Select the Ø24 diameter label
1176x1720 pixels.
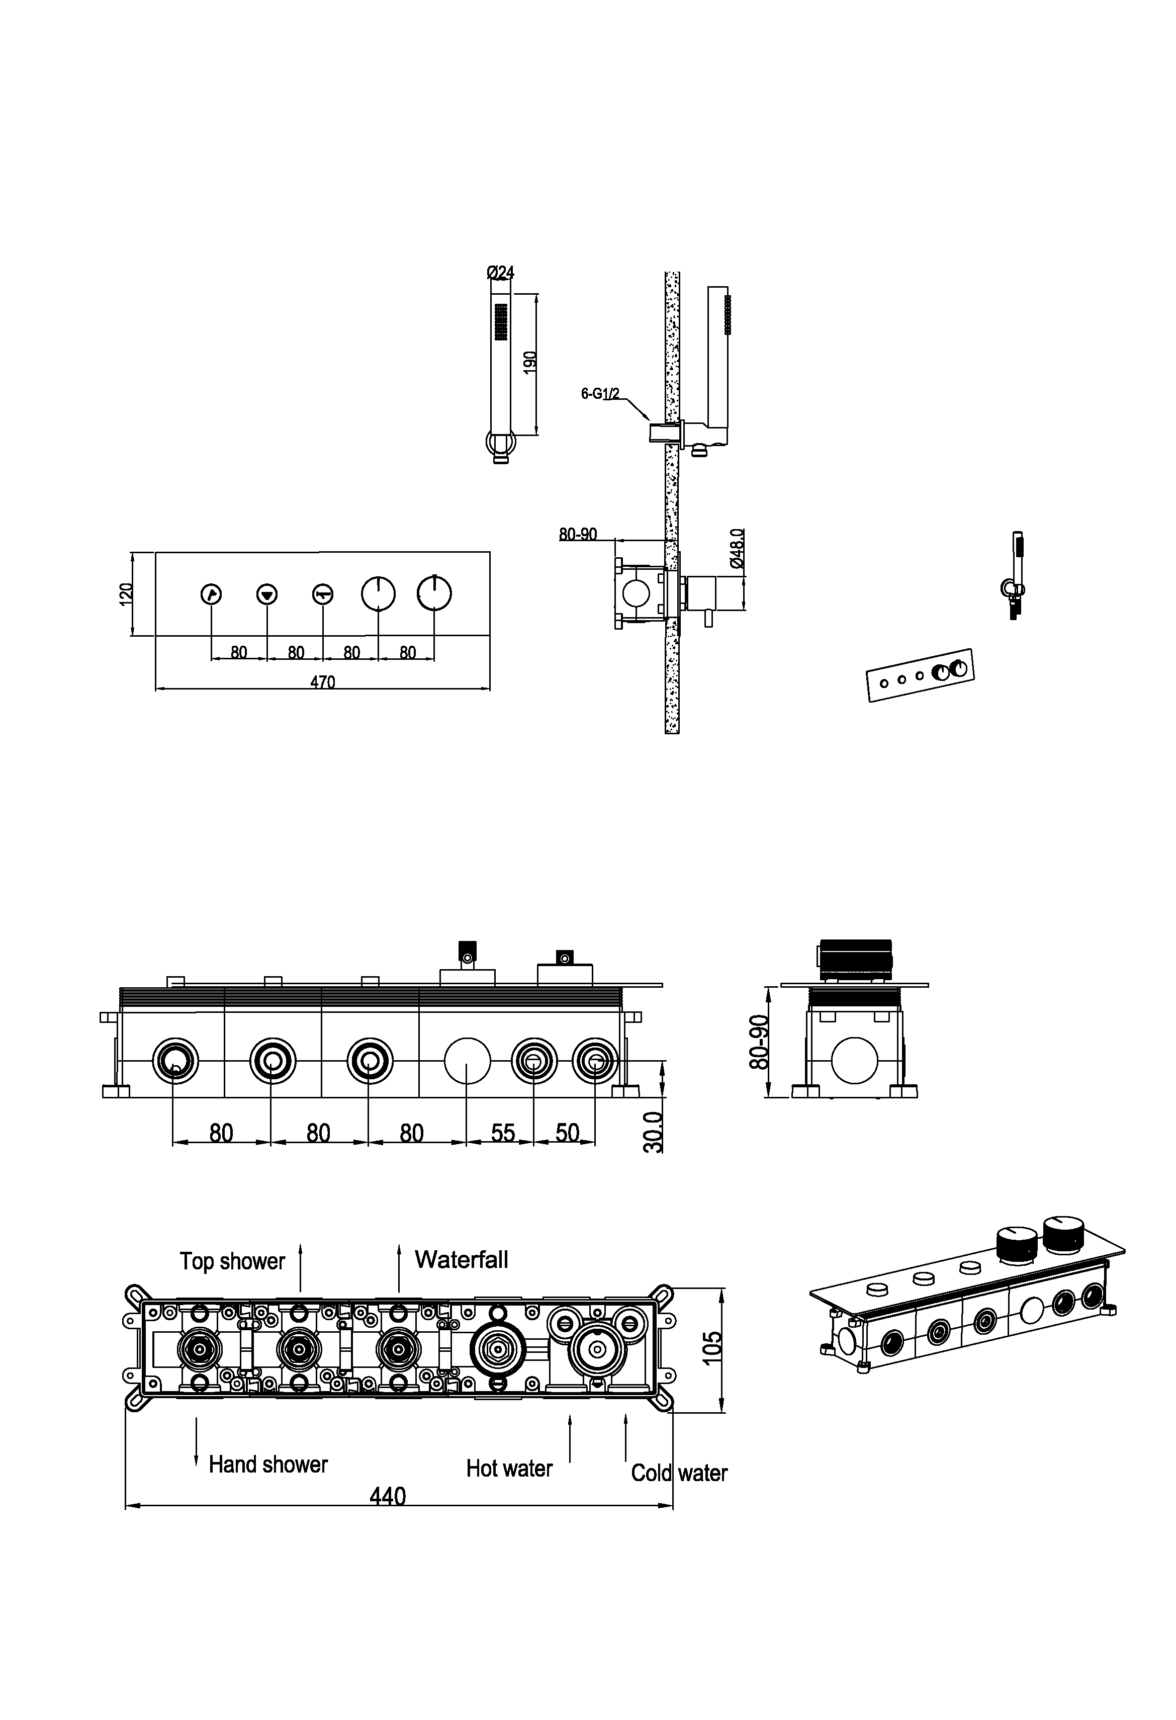(x=500, y=273)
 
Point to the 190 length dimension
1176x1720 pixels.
(x=530, y=362)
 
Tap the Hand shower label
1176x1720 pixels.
(x=268, y=1464)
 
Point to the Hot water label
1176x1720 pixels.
(x=509, y=1469)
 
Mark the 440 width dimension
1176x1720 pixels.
(x=388, y=1497)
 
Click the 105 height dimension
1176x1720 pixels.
(x=711, y=1348)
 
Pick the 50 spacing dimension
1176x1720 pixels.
(x=567, y=1133)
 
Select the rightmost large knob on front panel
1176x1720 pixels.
(x=434, y=593)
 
